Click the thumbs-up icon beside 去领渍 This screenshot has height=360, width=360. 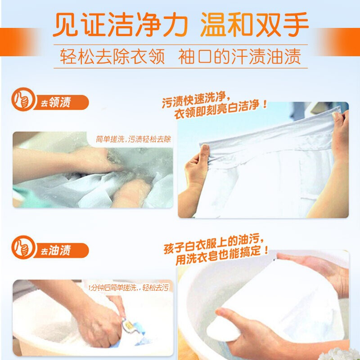pyautogui.click(x=23, y=99)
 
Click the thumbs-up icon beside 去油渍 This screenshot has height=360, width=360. pyautogui.click(x=23, y=247)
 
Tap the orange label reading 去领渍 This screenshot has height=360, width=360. pyautogui.click(x=61, y=103)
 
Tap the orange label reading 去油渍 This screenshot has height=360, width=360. pyautogui.click(x=61, y=251)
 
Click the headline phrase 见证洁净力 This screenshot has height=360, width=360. pyautogui.click(x=121, y=24)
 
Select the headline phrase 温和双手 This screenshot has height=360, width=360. pyautogui.click(x=254, y=24)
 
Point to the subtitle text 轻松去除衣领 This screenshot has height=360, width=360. pyautogui.click(x=112, y=57)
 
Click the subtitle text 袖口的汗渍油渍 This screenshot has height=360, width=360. pyautogui.click(x=239, y=57)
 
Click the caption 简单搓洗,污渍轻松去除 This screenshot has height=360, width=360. pyautogui.click(x=133, y=139)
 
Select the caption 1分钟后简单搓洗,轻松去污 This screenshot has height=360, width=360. pyautogui.click(x=129, y=288)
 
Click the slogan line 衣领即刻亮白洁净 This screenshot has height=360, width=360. pyautogui.click(x=220, y=110)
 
